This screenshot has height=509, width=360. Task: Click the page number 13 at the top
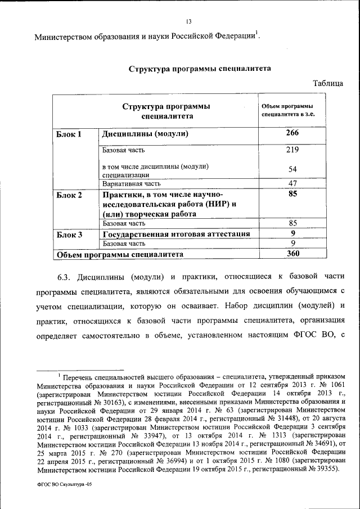(x=188, y=22)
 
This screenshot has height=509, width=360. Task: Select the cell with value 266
(x=292, y=133)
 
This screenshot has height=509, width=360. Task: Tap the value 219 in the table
(x=292, y=150)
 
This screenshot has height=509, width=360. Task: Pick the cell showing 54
(x=292, y=169)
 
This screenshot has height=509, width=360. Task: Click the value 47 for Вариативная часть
(x=292, y=183)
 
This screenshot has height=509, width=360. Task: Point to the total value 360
(x=292, y=254)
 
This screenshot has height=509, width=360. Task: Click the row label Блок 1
(x=69, y=134)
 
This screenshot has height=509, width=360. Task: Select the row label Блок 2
(x=69, y=195)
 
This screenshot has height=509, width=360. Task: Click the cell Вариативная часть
(x=132, y=183)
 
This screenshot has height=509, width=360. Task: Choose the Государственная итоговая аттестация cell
(x=176, y=234)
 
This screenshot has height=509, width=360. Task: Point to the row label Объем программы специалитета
(x=120, y=254)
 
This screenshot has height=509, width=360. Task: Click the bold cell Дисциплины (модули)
(x=145, y=134)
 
